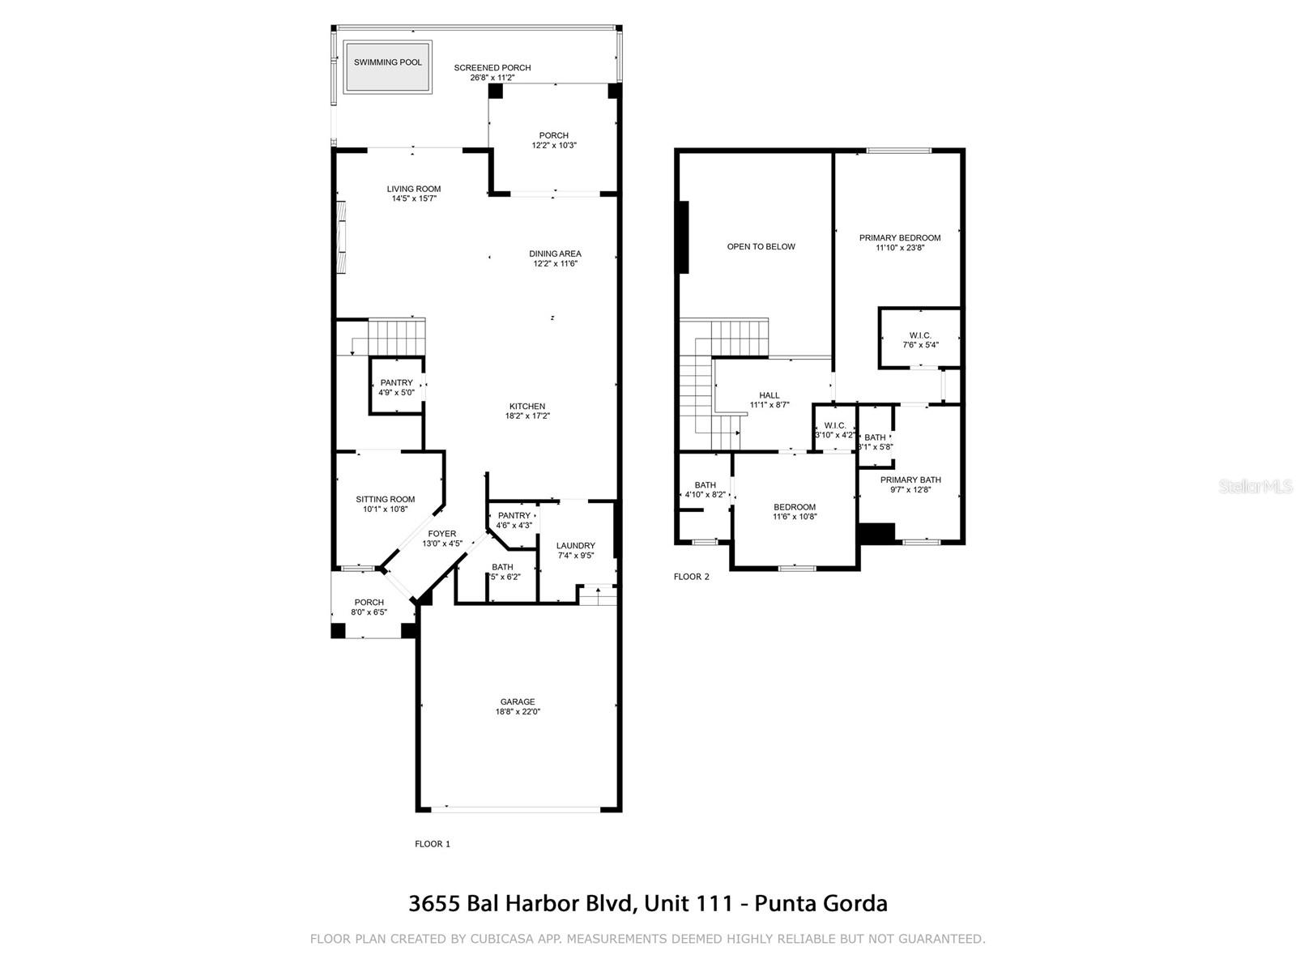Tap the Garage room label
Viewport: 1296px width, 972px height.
pos(518,702)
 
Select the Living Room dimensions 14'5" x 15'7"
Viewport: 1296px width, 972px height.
pos(414,198)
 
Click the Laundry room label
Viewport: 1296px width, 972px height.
pos(576,546)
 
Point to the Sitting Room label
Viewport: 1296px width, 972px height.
pos(385,500)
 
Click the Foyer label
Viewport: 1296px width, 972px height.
pos(442,534)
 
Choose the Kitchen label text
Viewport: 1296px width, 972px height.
pos(527,407)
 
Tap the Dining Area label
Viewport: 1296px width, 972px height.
pos(556,254)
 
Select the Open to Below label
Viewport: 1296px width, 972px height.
pos(761,247)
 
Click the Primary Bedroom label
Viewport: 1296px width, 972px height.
pos(900,238)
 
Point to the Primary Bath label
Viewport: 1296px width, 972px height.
pos(910,480)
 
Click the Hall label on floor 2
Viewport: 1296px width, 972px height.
pos(769,395)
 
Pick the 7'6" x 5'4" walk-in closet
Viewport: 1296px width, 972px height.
pos(920,340)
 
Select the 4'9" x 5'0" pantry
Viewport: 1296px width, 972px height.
pos(396,387)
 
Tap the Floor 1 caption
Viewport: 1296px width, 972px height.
pos(433,844)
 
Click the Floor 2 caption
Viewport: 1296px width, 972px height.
pos(692,577)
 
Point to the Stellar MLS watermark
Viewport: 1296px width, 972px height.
pos(1255,487)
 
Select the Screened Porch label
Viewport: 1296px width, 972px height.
pos(492,68)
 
